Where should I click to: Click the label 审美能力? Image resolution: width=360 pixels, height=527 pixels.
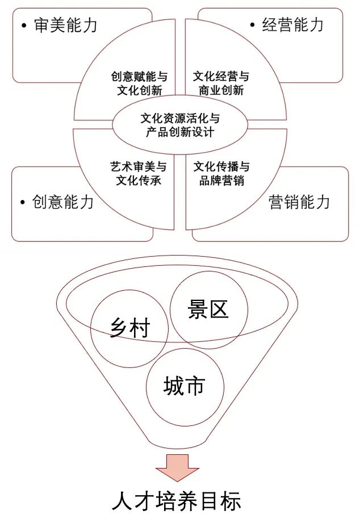(x=65, y=26)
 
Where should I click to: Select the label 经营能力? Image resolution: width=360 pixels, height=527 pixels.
(x=293, y=25)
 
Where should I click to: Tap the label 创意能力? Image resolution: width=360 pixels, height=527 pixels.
(x=63, y=202)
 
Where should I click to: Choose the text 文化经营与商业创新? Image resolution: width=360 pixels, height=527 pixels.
(x=221, y=83)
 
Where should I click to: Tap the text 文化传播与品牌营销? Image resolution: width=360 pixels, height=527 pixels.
(x=221, y=174)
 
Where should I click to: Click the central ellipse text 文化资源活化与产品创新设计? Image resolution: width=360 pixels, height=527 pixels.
(x=180, y=126)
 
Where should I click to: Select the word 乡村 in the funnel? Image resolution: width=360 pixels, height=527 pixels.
(x=129, y=328)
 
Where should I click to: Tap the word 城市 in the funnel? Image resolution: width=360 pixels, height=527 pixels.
(x=183, y=387)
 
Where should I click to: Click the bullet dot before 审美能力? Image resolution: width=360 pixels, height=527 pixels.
(x=23, y=26)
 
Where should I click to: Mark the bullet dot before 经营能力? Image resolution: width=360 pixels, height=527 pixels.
(x=252, y=26)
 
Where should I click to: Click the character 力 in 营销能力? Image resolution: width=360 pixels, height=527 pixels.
(x=323, y=202)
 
